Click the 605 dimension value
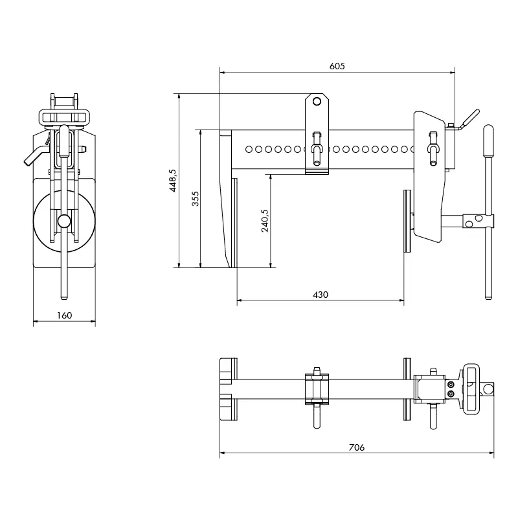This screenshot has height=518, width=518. [337, 66]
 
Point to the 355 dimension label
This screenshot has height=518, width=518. [195, 198]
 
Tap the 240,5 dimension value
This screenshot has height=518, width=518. [264, 220]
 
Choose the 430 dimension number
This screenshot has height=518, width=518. [321, 295]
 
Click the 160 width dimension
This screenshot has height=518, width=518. [64, 315]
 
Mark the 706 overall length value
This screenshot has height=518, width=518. [357, 447]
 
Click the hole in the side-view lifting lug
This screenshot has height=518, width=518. [316, 102]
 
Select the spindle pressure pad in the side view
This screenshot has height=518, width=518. [407, 220]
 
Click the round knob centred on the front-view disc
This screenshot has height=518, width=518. [63, 221]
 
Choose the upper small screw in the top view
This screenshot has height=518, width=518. [451, 385]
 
